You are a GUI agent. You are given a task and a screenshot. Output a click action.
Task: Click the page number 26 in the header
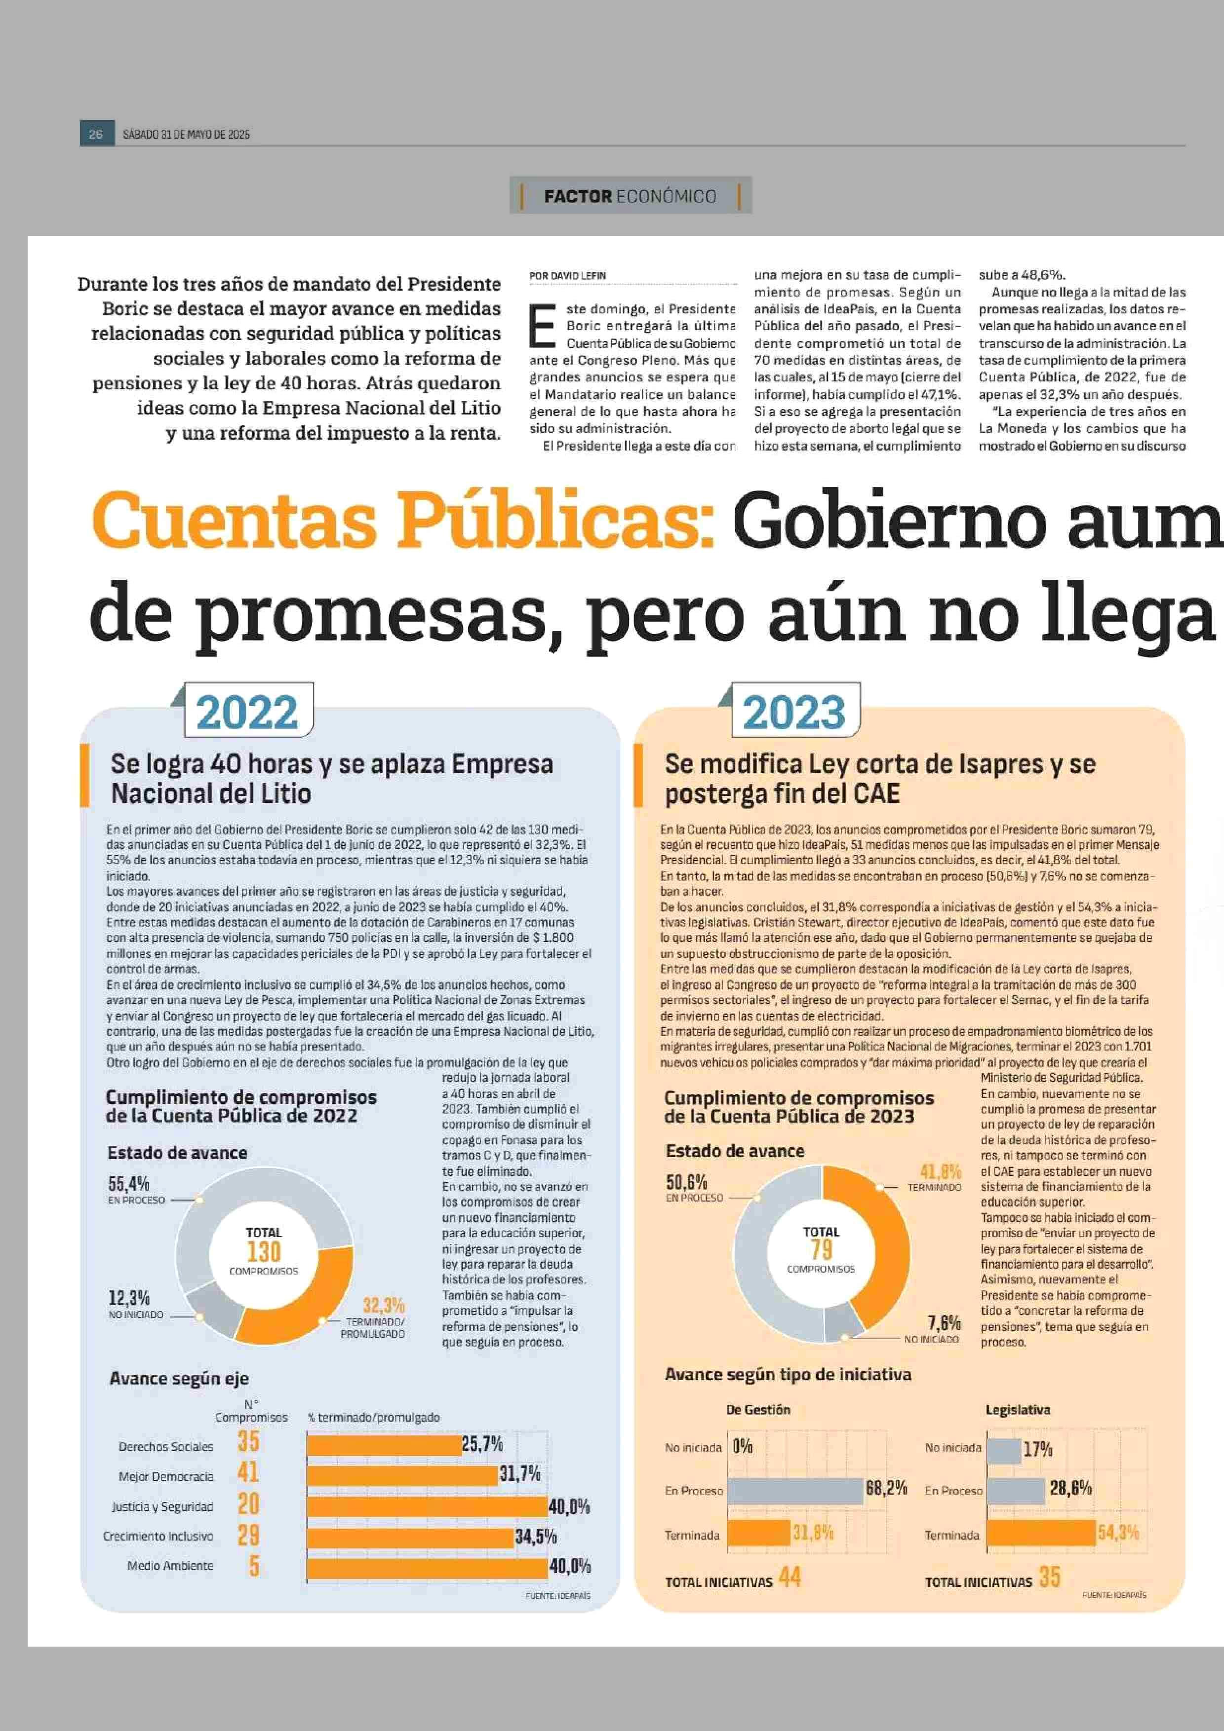coord(96,134)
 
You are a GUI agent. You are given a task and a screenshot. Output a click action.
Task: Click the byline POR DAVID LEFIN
coord(567,276)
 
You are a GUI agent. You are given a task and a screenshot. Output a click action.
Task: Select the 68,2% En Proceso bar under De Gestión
coord(795,1491)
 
